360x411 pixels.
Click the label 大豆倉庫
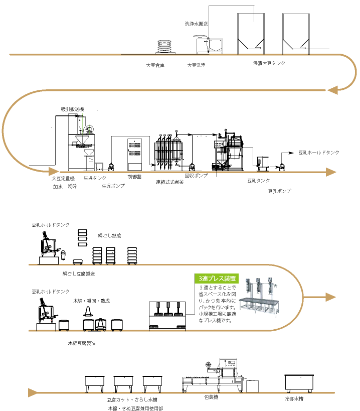[x=155, y=65]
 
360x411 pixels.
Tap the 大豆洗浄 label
[x=196, y=65]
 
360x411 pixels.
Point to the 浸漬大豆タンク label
[x=270, y=64]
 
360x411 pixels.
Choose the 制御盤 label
[x=134, y=177]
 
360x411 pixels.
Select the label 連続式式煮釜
[x=169, y=182]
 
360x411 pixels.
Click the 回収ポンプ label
[x=196, y=176]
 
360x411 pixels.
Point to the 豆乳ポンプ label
[x=279, y=191]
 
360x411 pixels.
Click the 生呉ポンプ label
[x=113, y=186]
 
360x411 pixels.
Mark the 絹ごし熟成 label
[x=109, y=235]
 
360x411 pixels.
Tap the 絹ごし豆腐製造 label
[x=79, y=274]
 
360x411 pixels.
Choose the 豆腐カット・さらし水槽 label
[x=132, y=400]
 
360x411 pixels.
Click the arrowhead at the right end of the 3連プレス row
[x=329, y=297]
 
